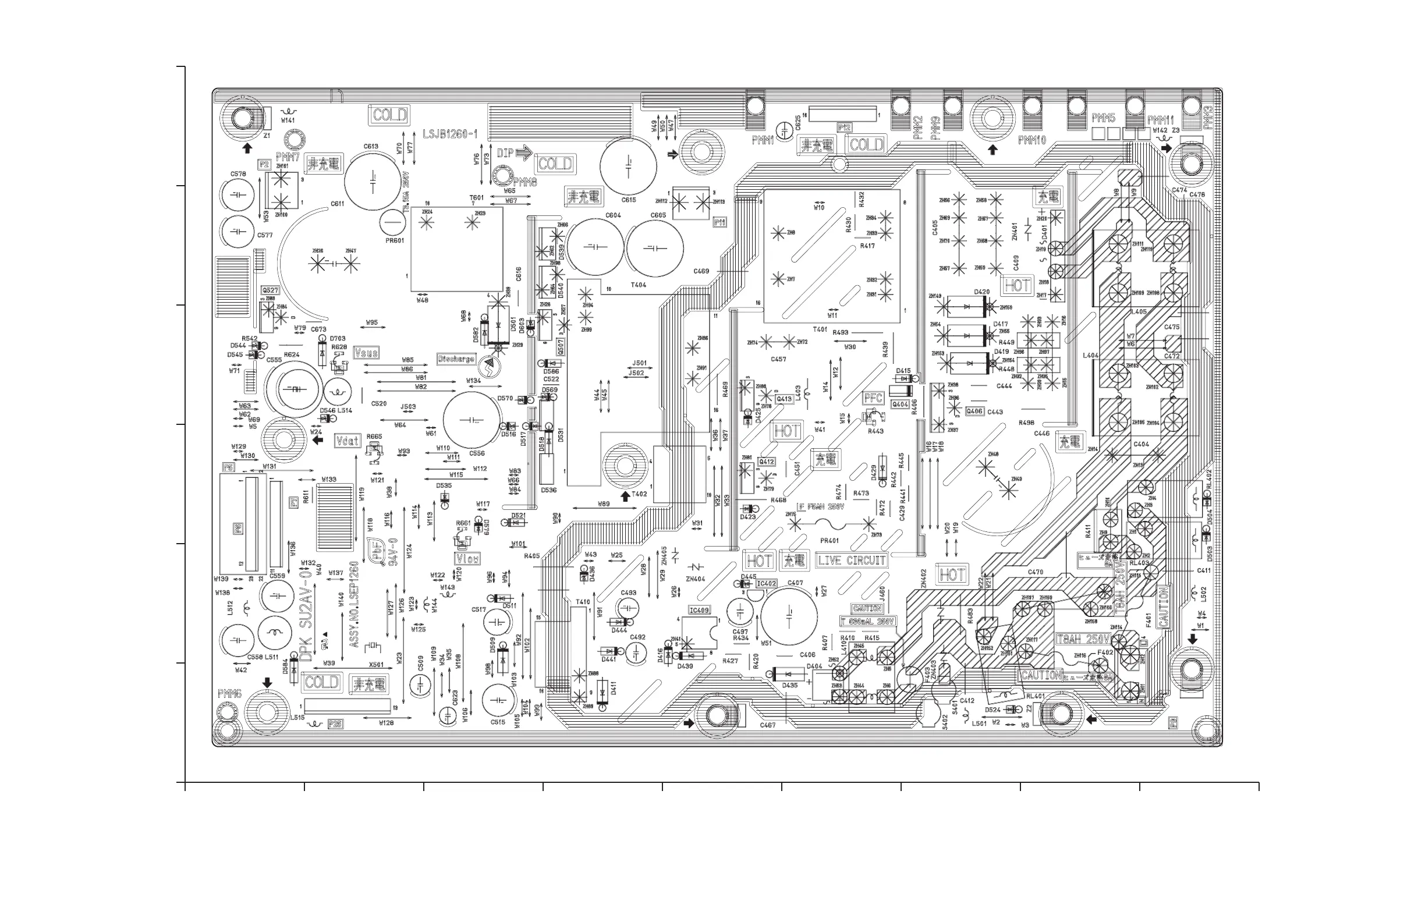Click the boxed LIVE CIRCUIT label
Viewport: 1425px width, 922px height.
pyautogui.click(x=852, y=561)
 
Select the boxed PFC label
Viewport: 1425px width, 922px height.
pyautogui.click(x=873, y=398)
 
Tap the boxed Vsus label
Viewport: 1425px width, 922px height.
pyautogui.click(x=366, y=353)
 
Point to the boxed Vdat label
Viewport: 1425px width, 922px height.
pyautogui.click(x=348, y=441)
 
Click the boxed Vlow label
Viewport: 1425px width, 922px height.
pyautogui.click(x=467, y=559)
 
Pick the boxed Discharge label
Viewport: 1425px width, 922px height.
pyautogui.click(x=456, y=359)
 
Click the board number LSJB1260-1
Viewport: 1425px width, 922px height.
pyautogui.click(x=449, y=134)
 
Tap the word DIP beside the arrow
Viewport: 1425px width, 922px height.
pyautogui.click(x=505, y=153)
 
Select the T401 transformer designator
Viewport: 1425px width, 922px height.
pyautogui.click(x=820, y=329)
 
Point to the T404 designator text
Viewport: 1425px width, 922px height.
pyautogui.click(x=639, y=285)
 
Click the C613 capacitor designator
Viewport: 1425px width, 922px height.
pyautogui.click(x=371, y=146)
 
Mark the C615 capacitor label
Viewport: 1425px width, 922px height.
pyautogui.click(x=629, y=200)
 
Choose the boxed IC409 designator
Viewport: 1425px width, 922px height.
pyautogui.click(x=699, y=610)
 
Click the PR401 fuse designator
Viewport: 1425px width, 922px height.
pyautogui.click(x=830, y=541)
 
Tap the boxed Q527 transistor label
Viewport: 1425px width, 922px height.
pyautogui.click(x=270, y=290)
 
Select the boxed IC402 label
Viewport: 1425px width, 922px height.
pyautogui.click(x=767, y=583)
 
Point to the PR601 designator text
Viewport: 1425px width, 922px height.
pyautogui.click(x=395, y=240)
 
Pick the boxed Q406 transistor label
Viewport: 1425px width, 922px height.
pyautogui.click(x=974, y=412)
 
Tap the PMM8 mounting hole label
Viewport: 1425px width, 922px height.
pyautogui.click(x=525, y=183)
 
